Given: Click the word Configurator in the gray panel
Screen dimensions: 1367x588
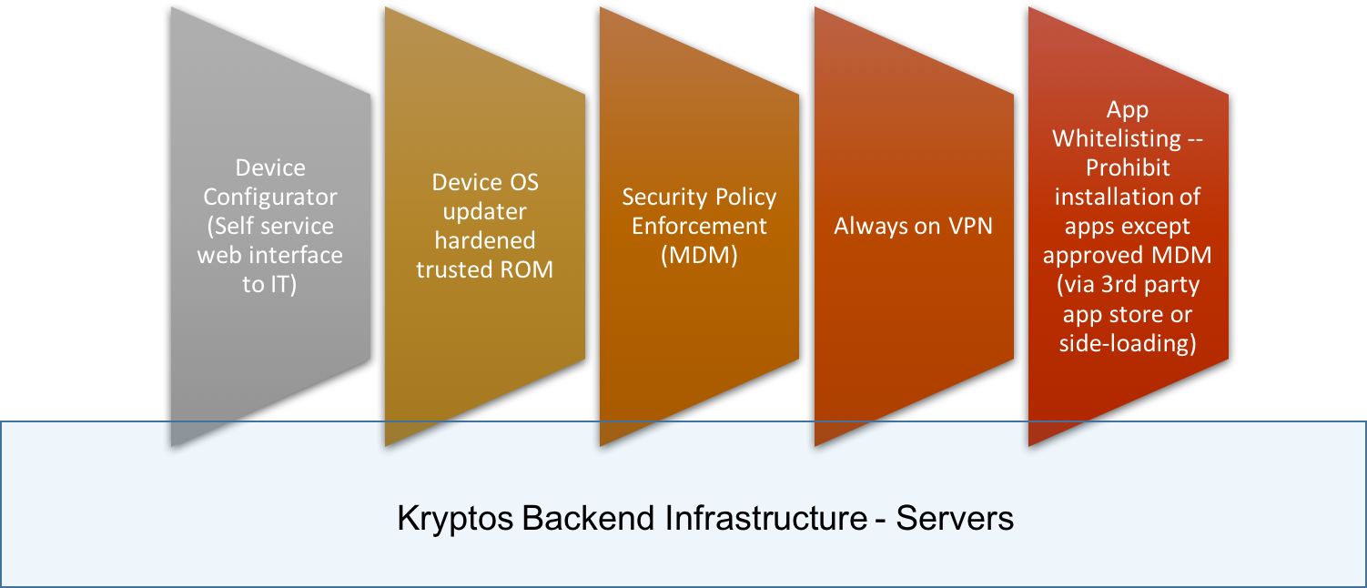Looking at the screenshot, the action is point(269,198).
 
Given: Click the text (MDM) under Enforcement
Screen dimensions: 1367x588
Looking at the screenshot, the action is point(699,255).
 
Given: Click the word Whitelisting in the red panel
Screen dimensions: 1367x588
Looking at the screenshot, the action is point(1117,139).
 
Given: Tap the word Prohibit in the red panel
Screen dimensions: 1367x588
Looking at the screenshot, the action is point(1128,167).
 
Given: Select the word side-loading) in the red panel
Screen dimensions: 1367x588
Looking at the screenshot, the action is point(1128,343).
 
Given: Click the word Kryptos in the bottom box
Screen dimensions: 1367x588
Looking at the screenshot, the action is point(455,519).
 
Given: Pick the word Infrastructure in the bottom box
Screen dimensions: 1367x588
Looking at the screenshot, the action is point(766,518).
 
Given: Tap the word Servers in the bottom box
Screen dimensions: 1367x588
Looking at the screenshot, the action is point(955,518).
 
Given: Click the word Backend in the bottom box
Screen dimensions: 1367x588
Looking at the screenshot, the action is point(588,518).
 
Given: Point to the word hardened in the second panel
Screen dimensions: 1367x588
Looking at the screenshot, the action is point(485,240).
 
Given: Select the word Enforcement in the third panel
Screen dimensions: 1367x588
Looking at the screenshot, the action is point(699,226).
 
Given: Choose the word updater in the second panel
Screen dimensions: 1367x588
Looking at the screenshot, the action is point(484,212).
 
